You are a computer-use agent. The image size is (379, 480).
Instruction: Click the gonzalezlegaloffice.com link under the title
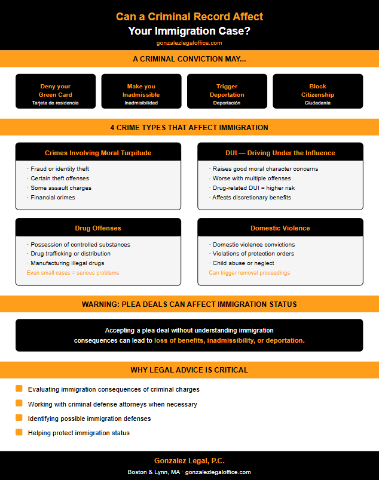189,43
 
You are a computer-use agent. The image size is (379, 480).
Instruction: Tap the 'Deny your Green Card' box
55,91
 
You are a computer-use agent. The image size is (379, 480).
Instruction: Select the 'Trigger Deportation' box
227,91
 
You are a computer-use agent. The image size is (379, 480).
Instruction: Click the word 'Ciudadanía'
317,103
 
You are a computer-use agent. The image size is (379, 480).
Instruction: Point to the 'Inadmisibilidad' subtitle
141,103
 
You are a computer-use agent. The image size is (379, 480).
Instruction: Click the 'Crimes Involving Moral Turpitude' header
98,153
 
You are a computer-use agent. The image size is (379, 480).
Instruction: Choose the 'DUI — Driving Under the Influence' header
280,153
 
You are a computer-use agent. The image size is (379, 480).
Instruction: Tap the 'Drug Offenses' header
98,228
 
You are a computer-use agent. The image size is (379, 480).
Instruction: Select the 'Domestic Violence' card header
280,228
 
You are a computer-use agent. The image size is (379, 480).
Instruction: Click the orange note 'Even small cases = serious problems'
73,273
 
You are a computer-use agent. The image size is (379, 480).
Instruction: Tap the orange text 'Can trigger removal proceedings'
249,273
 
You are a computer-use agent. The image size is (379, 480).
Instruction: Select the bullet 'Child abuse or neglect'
243,263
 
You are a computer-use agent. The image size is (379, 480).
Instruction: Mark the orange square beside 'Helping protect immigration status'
19,432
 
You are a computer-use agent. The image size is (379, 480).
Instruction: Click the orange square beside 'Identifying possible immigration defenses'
19,418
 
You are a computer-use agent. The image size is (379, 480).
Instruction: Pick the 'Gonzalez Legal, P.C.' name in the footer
189,461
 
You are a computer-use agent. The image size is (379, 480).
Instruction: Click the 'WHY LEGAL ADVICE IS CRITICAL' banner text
189,370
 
